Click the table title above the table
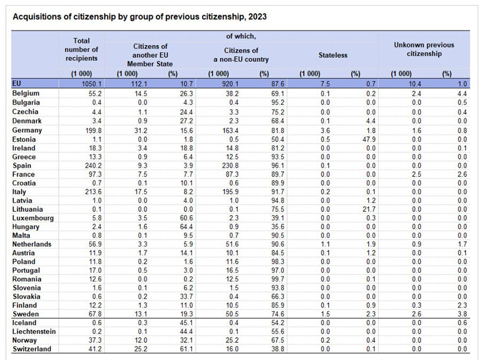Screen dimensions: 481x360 point(139,17)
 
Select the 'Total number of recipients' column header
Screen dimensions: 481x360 point(81,49)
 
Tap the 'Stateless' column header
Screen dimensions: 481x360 point(333,55)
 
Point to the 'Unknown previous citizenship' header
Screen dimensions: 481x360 point(424,49)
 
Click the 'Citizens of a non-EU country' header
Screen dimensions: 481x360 point(241,55)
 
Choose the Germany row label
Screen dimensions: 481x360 point(27,131)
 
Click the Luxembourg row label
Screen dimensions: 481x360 point(33,218)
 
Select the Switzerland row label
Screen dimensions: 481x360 point(32,349)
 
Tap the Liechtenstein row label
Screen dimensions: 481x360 point(34,332)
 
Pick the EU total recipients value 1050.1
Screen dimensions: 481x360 point(91,84)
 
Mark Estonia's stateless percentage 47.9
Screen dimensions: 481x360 point(369,139)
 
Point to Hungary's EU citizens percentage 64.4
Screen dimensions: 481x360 point(186,227)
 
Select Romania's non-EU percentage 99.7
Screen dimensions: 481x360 point(277,279)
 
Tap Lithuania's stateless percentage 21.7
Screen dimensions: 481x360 point(369,209)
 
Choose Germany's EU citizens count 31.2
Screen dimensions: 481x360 point(141,131)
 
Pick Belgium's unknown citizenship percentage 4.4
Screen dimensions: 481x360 point(462,94)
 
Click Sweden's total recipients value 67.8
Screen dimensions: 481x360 point(95,315)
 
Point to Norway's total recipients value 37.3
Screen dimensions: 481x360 point(95,340)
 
